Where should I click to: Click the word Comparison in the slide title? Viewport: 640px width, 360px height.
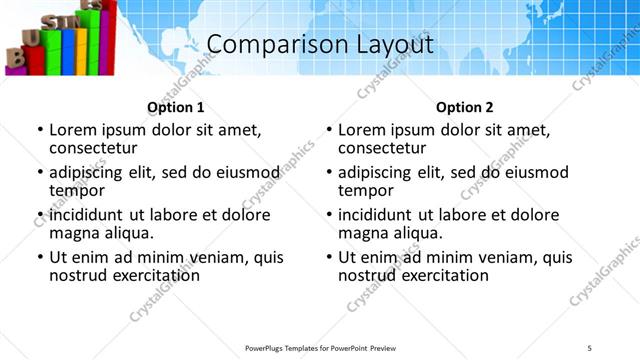pos(264,45)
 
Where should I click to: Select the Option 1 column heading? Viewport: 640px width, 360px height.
pos(176,107)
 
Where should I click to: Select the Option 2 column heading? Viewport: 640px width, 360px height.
pos(465,107)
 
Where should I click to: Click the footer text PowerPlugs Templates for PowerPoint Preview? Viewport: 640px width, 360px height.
pos(320,347)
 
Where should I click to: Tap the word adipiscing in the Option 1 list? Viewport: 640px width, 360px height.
pos(90,172)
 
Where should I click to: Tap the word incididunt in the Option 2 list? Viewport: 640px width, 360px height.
pos(379,215)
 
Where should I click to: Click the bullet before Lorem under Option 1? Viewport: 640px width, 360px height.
pos(40,131)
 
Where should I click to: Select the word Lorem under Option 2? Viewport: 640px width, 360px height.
pos(362,130)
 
